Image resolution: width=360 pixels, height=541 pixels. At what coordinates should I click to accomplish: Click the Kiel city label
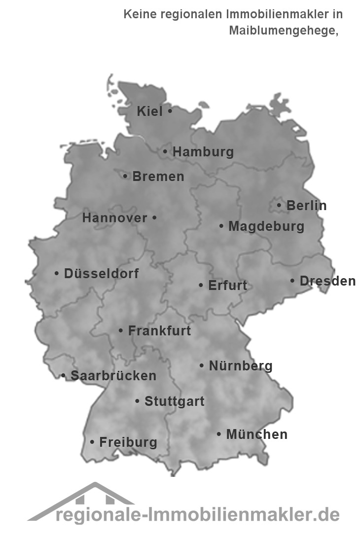(x=149, y=111)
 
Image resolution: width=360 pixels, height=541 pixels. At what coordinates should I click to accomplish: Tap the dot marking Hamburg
(x=165, y=152)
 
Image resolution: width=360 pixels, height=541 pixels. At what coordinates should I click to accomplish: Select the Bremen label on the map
(x=158, y=176)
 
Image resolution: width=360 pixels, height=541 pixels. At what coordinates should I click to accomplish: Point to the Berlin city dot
(x=279, y=205)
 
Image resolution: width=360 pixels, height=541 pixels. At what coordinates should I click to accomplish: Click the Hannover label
(x=114, y=217)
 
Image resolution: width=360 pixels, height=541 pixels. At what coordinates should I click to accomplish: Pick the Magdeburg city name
(x=266, y=226)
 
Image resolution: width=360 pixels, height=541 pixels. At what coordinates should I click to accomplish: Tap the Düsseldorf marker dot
(x=57, y=273)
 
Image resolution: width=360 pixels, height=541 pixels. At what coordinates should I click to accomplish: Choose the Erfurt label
(x=228, y=286)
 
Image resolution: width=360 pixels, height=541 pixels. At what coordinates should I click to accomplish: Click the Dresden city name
(x=327, y=281)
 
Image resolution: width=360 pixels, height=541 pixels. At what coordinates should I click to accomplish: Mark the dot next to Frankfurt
(x=121, y=331)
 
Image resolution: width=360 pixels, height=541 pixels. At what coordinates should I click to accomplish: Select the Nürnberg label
(x=241, y=366)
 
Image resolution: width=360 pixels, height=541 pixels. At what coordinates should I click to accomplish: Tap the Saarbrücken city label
(x=113, y=376)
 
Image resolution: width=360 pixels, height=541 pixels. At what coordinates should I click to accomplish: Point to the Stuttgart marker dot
(x=137, y=401)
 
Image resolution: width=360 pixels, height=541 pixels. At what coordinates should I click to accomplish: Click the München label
(x=256, y=434)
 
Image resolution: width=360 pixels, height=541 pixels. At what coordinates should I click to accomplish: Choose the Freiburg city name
(x=128, y=442)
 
